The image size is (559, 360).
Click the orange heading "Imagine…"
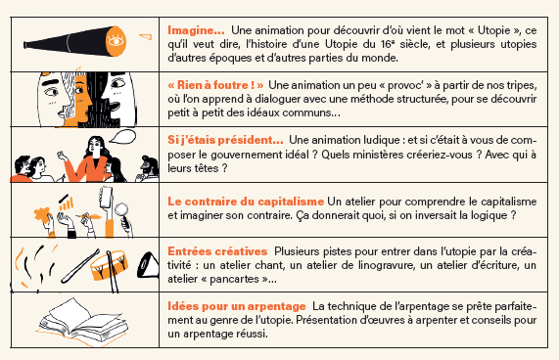(x=196, y=30)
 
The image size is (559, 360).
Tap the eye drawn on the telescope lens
(x=116, y=41)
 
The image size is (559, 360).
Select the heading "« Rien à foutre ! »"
(x=215, y=85)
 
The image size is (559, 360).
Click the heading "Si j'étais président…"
(x=225, y=140)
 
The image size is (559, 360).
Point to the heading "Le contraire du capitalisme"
(x=246, y=202)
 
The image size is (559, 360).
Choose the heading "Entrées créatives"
(x=217, y=251)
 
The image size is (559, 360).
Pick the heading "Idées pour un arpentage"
(x=237, y=306)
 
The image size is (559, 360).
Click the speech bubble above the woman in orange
(x=122, y=136)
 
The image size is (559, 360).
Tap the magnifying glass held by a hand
(x=121, y=210)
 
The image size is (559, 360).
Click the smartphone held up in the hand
(x=106, y=198)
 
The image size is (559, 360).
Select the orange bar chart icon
(x=67, y=203)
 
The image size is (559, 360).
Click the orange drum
(x=109, y=265)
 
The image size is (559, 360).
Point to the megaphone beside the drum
(x=148, y=265)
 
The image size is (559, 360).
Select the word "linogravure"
(x=385, y=265)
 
